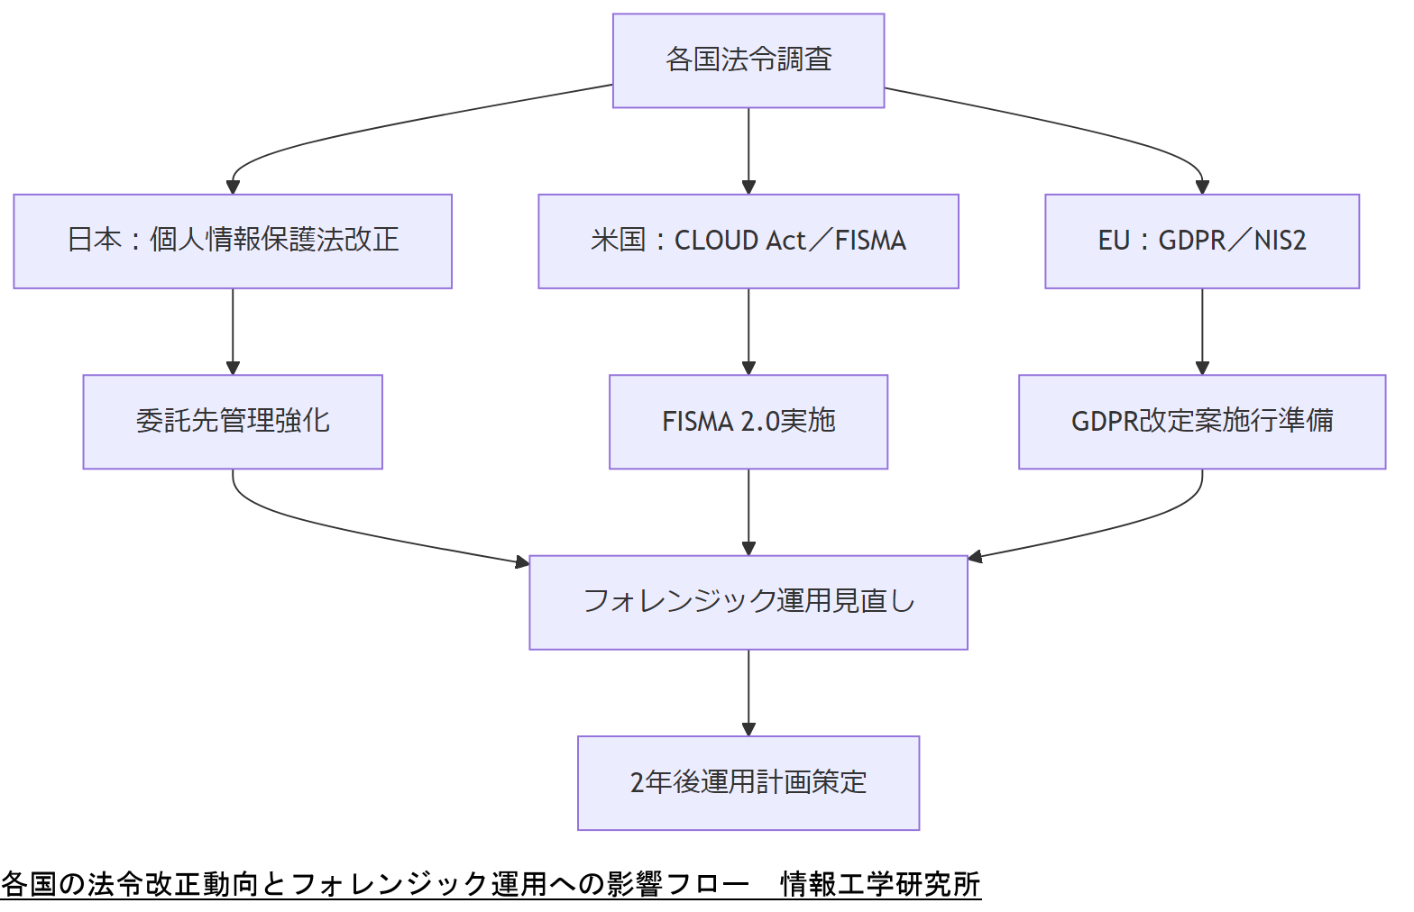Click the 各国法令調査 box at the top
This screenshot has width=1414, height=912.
coord(748,60)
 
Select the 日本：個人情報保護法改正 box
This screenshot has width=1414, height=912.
coord(233,241)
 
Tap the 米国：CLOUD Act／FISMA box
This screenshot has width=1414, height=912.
coord(748,241)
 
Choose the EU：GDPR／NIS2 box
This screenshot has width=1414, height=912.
coord(1201,241)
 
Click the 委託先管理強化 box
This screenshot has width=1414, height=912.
coord(233,421)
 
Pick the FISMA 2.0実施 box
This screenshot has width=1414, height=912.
coord(748,421)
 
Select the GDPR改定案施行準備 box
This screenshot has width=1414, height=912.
coord(1201,421)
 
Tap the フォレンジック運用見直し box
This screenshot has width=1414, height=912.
coord(748,602)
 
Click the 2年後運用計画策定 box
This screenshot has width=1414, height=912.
coord(748,782)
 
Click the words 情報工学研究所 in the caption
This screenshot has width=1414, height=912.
coord(880,884)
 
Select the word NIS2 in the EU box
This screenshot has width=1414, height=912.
coord(1280,241)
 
